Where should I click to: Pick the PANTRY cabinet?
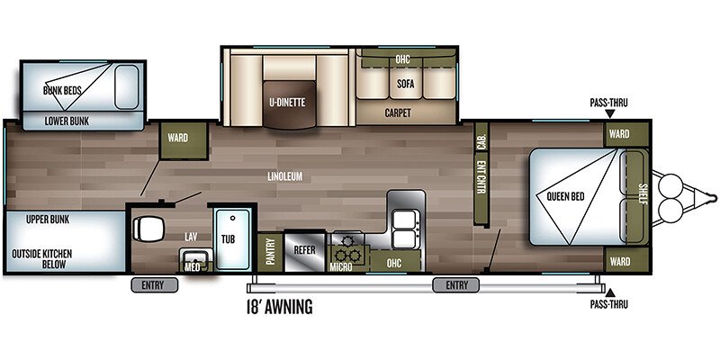pos(269,251)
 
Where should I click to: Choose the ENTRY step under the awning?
pos(456,285)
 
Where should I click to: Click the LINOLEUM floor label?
pos(284,176)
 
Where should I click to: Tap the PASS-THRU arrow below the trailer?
pos(609,292)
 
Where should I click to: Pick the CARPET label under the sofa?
pos(398,113)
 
